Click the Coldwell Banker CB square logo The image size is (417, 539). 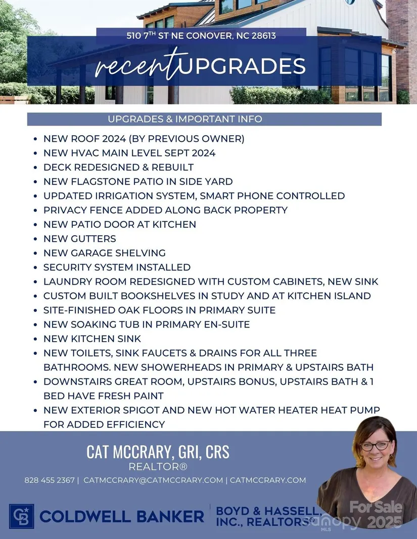(x=21, y=516)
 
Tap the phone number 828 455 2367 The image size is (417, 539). (x=49, y=480)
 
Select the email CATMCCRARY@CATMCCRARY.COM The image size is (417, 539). (x=153, y=480)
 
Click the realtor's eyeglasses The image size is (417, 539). (x=375, y=446)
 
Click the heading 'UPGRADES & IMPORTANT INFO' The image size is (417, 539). (x=184, y=119)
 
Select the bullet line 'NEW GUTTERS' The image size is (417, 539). (x=79, y=239)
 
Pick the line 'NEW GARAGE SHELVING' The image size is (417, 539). (x=104, y=253)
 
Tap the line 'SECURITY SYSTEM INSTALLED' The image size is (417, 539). (x=117, y=267)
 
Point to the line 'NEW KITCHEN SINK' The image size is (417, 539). (x=92, y=339)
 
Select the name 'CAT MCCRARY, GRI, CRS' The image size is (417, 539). (x=158, y=452)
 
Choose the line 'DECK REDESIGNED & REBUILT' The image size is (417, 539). (x=118, y=167)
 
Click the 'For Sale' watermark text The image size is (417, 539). (x=376, y=507)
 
